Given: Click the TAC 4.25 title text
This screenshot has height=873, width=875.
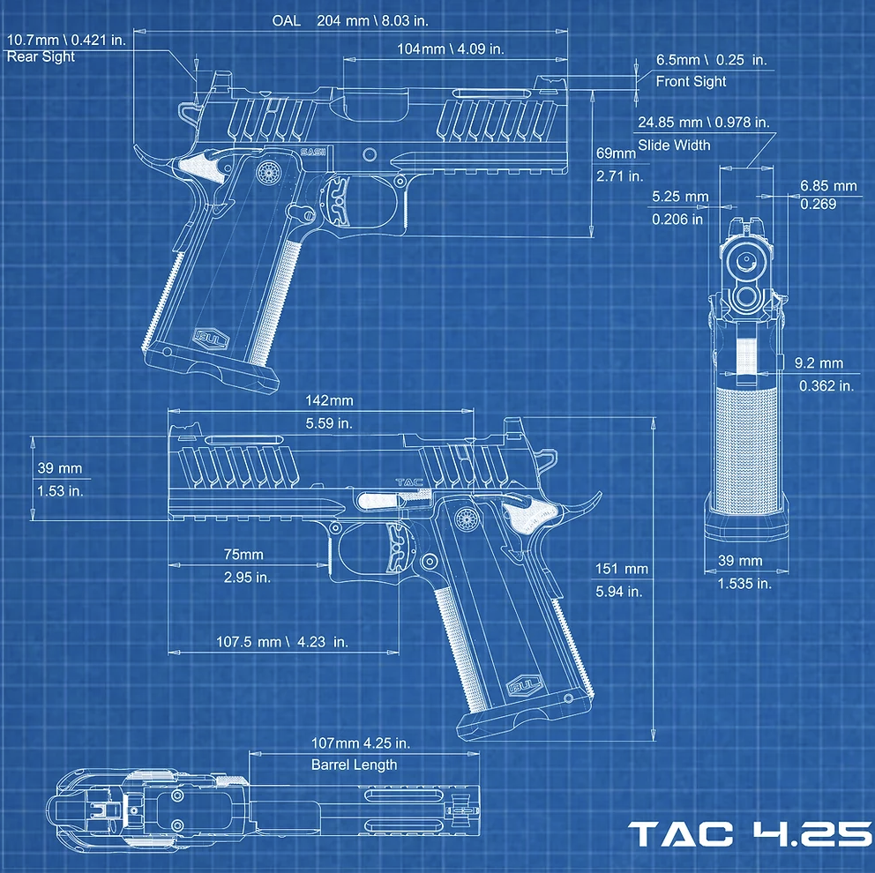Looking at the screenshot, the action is (752, 834).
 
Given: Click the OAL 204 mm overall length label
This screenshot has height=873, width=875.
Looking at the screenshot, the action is (350, 20).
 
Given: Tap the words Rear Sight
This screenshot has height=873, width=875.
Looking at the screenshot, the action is (41, 56).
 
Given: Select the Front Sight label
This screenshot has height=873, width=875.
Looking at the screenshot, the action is (691, 81).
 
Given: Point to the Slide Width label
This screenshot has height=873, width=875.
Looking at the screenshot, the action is (674, 145).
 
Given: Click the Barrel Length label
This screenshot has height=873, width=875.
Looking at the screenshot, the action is (355, 765).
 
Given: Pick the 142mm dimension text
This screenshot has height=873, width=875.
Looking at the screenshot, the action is (329, 400).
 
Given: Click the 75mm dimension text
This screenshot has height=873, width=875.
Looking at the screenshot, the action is (243, 555).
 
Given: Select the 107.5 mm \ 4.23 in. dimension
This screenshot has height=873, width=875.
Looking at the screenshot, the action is (281, 641).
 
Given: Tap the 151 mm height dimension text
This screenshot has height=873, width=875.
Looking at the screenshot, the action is (622, 569).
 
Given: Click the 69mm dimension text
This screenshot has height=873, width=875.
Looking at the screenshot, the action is (616, 153).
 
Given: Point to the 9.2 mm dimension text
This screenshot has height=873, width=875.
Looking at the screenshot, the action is (819, 363).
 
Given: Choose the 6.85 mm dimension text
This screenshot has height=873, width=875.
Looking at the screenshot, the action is (828, 186).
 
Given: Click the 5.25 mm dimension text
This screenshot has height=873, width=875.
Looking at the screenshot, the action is (680, 197).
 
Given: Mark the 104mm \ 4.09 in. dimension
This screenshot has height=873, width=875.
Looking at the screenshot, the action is (451, 49).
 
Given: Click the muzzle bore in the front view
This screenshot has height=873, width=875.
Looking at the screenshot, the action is (745, 260).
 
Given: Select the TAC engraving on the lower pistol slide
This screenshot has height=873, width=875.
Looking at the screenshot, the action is (409, 482).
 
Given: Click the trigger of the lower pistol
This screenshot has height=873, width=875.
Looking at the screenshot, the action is (398, 548).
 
